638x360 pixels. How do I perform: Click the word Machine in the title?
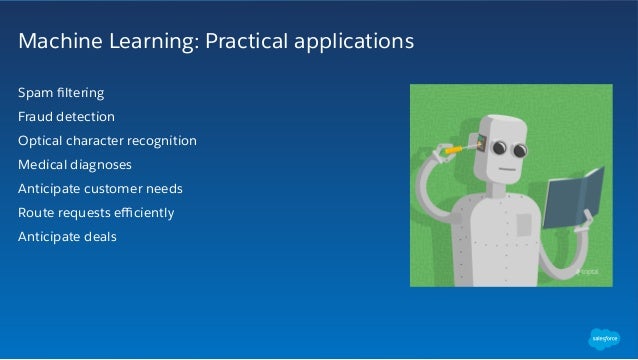point(54,43)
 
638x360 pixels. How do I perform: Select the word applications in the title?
point(350,44)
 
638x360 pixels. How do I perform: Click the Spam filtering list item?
point(61,94)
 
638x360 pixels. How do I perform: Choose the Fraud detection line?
point(66,117)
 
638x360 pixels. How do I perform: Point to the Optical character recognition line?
point(107,141)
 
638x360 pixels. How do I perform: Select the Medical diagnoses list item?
point(74,165)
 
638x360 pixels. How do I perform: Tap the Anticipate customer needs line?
point(100,189)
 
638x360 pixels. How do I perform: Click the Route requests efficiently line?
point(96,213)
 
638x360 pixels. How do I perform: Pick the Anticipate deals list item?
point(67,237)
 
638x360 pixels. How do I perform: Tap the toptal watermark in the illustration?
point(590,270)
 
